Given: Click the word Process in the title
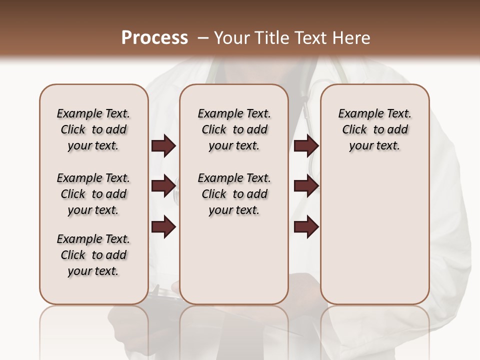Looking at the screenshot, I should tap(154, 38).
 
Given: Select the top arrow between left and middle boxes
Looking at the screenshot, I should tap(163, 145).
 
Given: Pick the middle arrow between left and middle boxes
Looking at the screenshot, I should tap(163, 186).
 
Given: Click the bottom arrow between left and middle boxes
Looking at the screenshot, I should tap(163, 227).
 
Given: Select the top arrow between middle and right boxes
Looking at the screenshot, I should tap(306, 145).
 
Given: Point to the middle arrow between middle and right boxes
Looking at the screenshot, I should tap(306, 186).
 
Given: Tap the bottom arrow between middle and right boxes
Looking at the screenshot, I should tap(306, 227).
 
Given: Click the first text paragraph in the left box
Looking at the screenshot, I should tap(93, 129).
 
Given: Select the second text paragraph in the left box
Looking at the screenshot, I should tap(93, 194).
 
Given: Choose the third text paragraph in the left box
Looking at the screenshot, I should tap(93, 255).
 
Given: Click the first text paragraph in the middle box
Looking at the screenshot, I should tap(234, 129).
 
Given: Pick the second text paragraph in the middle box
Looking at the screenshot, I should tap(234, 194).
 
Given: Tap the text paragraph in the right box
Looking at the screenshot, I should tap(375, 129).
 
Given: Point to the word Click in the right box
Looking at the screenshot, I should tap(354, 130).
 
